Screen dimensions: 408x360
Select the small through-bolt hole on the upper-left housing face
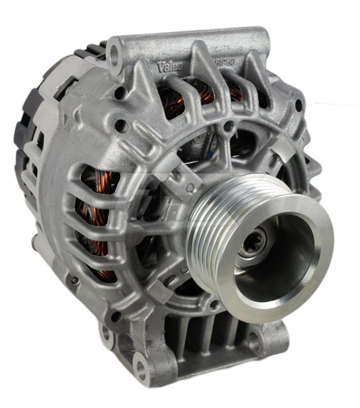click(120, 124)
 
